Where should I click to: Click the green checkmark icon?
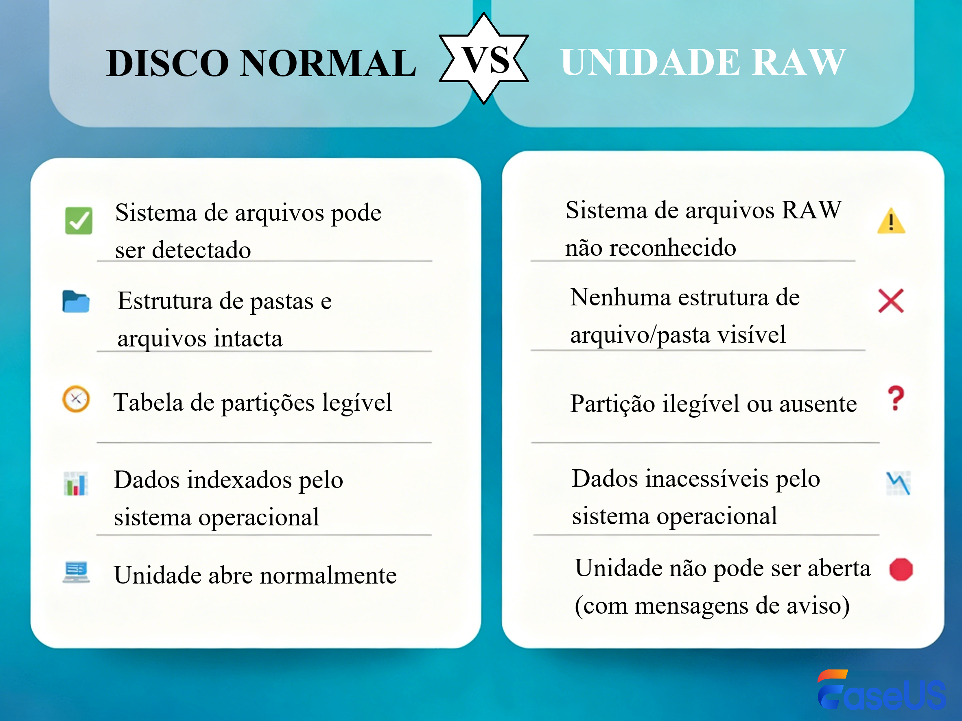click(79, 221)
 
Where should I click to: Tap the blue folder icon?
click(76, 301)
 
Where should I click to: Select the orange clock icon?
click(76, 399)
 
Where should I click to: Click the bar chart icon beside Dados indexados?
click(76, 483)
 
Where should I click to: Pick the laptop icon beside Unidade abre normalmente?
click(76, 572)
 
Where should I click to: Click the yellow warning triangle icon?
click(891, 222)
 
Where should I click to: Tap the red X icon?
click(891, 301)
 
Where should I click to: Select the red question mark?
click(896, 398)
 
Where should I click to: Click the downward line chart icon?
click(898, 483)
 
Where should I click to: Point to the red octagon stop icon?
click(901, 569)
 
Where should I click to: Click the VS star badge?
click(484, 59)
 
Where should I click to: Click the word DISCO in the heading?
click(167, 63)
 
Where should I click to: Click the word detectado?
click(201, 250)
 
